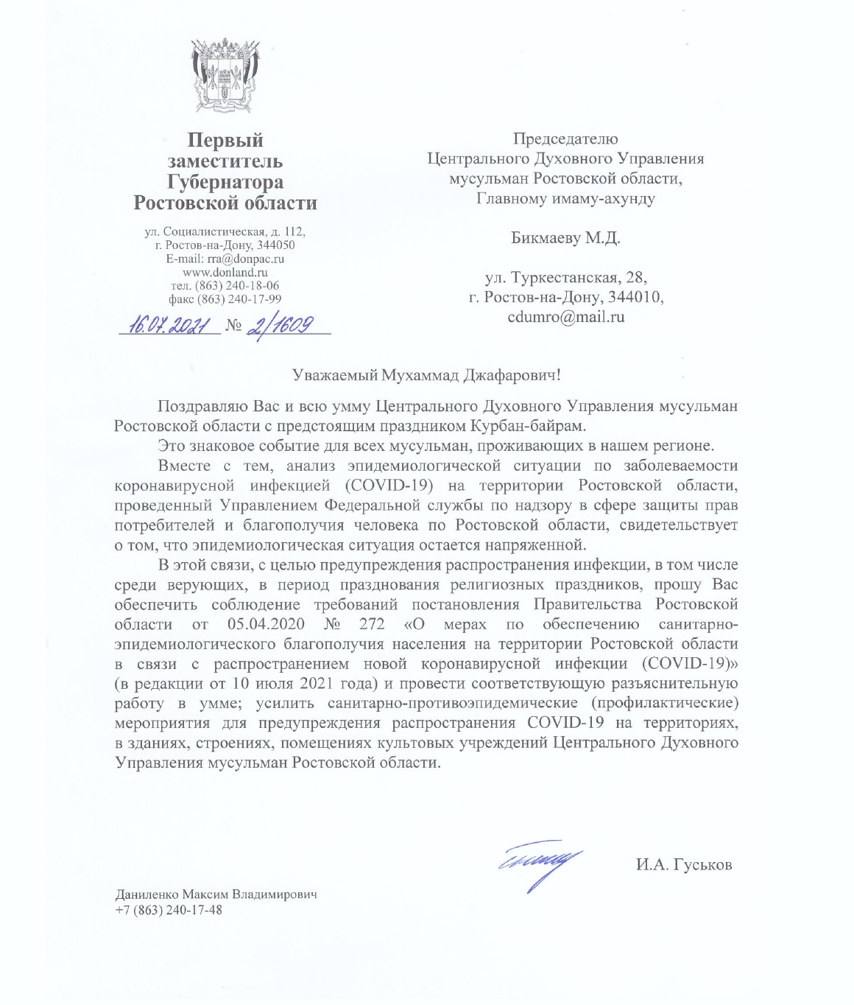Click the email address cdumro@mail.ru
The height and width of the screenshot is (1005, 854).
pyautogui.click(x=565, y=318)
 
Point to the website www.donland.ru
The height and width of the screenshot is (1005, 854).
pyautogui.click(x=225, y=273)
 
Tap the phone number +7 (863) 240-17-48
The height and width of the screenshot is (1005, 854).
pyautogui.click(x=169, y=910)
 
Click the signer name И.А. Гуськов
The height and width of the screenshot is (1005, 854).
pyautogui.click(x=684, y=865)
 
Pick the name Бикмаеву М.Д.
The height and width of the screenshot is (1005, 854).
pyautogui.click(x=565, y=238)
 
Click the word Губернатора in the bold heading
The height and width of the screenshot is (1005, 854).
pyautogui.click(x=225, y=182)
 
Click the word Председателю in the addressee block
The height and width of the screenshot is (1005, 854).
pyautogui.click(x=565, y=139)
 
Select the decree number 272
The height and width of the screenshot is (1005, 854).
pyautogui.click(x=372, y=624)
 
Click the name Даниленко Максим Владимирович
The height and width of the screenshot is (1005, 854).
pyautogui.click(x=216, y=895)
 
